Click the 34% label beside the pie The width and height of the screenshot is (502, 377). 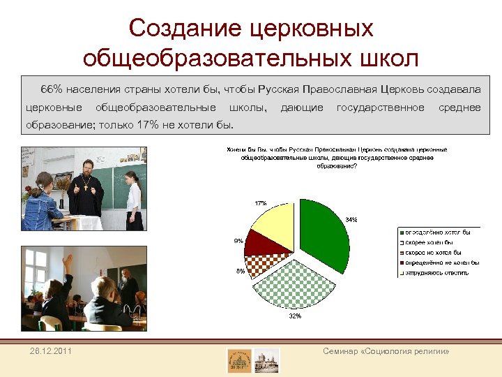click(x=351, y=219)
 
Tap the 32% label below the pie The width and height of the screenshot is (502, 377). click(x=294, y=316)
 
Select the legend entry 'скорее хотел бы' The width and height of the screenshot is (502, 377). click(x=429, y=242)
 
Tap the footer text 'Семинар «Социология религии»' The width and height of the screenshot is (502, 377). click(x=385, y=351)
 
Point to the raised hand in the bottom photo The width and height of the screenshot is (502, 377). click(x=68, y=262)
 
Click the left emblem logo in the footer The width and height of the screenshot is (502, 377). click(x=239, y=360)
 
